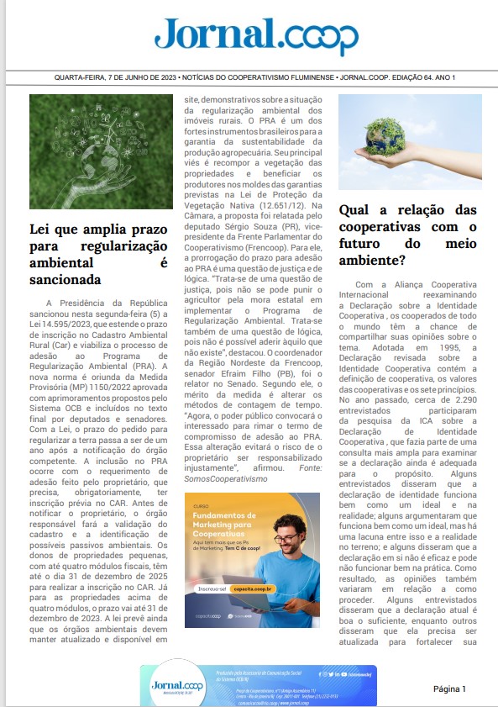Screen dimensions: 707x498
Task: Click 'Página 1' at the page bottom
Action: (449, 689)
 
